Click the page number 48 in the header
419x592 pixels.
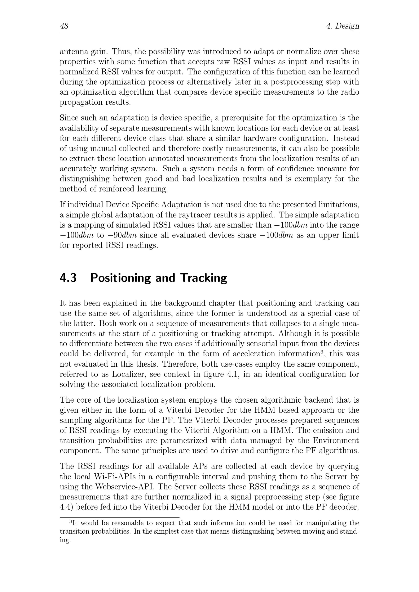click(64, 26)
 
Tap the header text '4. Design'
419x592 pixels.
click(343, 26)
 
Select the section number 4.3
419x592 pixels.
click(68, 278)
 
